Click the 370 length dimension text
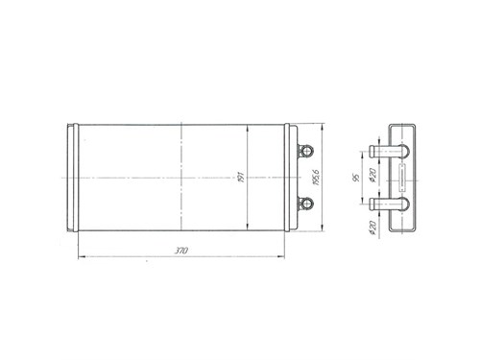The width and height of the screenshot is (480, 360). (180, 251)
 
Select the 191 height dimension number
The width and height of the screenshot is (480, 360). (241, 177)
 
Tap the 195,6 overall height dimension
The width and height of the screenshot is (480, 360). (316, 178)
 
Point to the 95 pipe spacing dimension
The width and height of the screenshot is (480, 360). (356, 178)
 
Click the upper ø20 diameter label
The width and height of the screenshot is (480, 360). (372, 175)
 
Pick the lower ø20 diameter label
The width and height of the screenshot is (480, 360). (372, 228)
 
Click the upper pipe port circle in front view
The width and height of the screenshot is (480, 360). (307, 151)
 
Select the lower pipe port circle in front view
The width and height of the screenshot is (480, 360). (307, 204)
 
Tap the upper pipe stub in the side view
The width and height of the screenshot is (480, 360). (389, 151)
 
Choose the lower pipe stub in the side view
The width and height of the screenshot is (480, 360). (389, 204)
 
